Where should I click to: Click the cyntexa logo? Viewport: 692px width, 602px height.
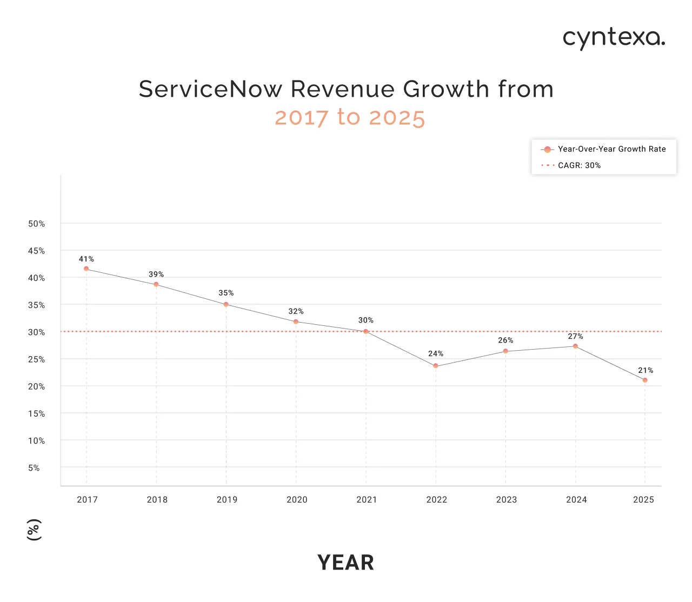point(614,38)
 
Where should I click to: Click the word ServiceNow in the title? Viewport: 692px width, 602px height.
point(210,89)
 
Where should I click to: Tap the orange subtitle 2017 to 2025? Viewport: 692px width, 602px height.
point(350,117)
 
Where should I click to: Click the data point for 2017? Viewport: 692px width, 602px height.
point(86,269)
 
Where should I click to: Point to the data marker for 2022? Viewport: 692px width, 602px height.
point(436,366)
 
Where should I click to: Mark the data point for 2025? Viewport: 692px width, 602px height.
point(645,380)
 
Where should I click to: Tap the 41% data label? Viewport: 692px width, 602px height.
point(86,259)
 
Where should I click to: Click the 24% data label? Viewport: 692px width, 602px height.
point(436,353)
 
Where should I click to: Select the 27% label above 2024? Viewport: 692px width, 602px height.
point(575,336)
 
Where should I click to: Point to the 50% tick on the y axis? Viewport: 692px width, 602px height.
point(37,224)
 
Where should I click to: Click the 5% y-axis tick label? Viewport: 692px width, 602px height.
point(34,468)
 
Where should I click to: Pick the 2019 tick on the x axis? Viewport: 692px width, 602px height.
point(227,499)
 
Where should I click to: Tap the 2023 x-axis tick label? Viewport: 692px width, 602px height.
point(506,499)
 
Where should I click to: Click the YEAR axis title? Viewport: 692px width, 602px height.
point(345,563)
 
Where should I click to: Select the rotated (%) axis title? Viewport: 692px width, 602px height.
point(34,530)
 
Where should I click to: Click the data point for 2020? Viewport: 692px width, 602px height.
point(296,322)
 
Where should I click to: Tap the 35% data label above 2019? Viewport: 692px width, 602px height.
point(226,293)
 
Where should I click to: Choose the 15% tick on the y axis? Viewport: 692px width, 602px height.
point(37,413)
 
